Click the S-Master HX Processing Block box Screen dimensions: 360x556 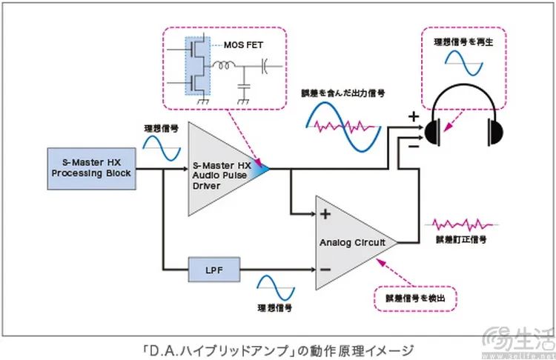(91, 167)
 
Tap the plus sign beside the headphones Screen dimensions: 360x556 (413, 116)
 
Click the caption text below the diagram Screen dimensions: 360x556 (278, 349)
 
